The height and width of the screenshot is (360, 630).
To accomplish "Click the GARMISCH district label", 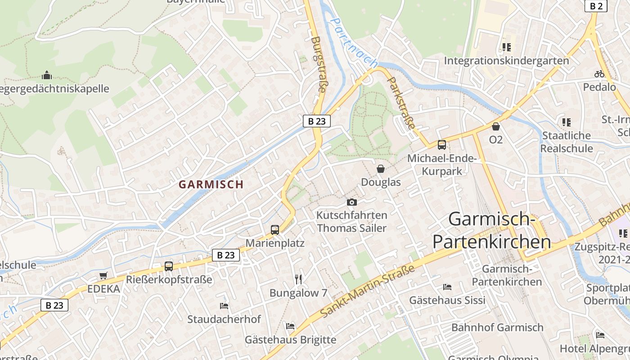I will tap(211, 184).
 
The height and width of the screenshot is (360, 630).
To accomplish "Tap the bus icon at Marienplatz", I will tap(274, 230).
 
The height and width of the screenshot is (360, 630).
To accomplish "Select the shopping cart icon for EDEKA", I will tap(103, 275).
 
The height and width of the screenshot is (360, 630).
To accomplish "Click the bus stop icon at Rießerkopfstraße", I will tap(169, 266).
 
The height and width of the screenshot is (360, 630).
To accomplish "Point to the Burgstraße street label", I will tap(318, 65).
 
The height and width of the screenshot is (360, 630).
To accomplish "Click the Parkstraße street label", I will tap(401, 103).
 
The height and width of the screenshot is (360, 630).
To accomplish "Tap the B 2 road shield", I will tap(596, 6).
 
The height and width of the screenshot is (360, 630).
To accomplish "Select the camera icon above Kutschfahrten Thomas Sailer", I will tap(352, 202).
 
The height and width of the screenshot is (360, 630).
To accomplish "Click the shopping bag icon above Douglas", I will tap(381, 169).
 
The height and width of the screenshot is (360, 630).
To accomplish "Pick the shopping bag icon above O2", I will tap(496, 126).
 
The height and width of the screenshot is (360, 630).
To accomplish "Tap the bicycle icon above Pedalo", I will tap(599, 74).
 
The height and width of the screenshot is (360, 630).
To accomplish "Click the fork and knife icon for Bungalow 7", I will tap(298, 279).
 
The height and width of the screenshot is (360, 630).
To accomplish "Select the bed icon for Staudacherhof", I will tap(224, 306).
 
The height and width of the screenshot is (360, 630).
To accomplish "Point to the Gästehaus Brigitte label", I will tap(290, 340).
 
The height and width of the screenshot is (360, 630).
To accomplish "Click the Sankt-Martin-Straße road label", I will tap(368, 291).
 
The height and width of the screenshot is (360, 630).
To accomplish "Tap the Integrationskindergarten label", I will tap(506, 61).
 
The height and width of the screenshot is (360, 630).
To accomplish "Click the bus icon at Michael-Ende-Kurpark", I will tap(442, 145).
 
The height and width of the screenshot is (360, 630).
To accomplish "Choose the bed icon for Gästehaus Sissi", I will tap(447, 287).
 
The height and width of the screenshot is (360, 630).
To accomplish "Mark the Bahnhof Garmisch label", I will tap(497, 328).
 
